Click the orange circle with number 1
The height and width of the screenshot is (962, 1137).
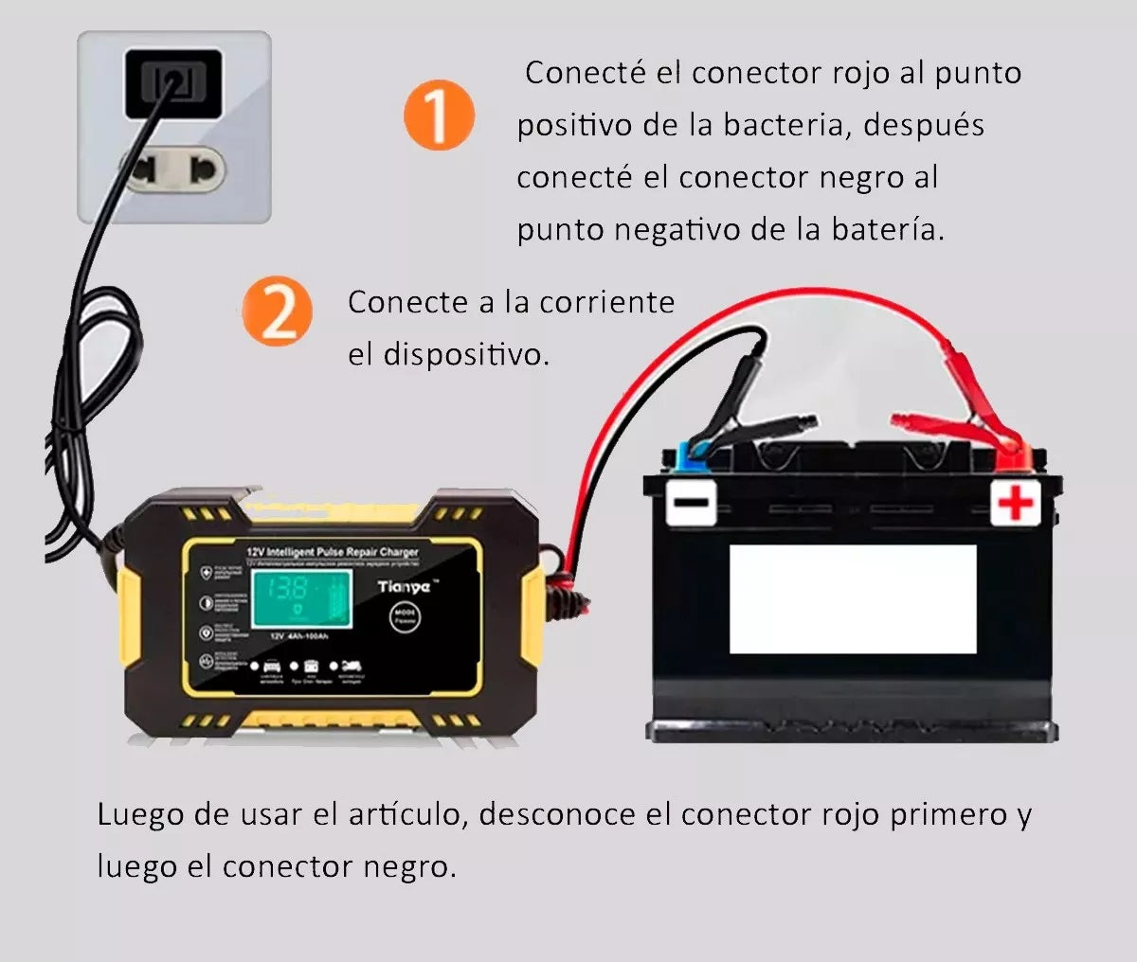[x=439, y=116]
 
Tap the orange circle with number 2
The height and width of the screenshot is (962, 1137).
[x=277, y=312]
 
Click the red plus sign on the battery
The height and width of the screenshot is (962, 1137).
[x=1016, y=502]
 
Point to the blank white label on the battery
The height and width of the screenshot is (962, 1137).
[x=852, y=598]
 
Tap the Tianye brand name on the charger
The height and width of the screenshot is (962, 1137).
[x=404, y=587]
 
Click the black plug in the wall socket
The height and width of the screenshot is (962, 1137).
[x=173, y=83]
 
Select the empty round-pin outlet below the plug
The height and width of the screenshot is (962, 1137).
[x=173, y=171]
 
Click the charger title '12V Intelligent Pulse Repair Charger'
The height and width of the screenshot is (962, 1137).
[x=332, y=551]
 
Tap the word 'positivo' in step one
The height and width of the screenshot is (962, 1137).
[x=573, y=125]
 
